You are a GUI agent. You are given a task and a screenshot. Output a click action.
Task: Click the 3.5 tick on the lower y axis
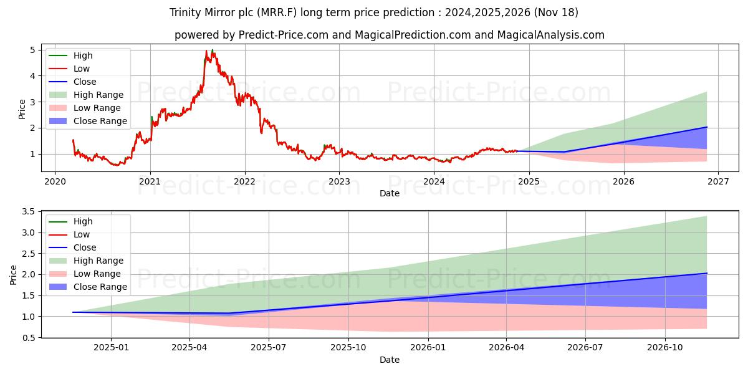coord(28,212)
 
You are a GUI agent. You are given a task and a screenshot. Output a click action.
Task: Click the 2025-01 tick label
coord(112,347)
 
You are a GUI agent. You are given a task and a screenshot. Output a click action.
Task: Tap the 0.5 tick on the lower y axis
coord(28,337)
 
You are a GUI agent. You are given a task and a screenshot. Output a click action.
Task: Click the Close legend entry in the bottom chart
coord(85,247)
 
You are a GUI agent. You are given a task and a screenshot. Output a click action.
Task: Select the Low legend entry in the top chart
coord(82,69)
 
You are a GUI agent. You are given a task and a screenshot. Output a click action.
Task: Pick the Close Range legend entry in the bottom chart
coord(100,287)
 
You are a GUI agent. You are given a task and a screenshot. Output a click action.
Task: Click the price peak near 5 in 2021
coord(213,50)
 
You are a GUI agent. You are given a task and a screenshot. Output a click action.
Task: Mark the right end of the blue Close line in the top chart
coord(707,127)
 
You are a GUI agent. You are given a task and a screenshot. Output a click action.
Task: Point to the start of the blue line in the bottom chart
coord(73,312)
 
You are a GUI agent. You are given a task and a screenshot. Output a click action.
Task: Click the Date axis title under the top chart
coord(390,193)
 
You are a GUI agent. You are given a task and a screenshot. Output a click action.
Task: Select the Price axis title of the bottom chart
coord(14,274)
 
